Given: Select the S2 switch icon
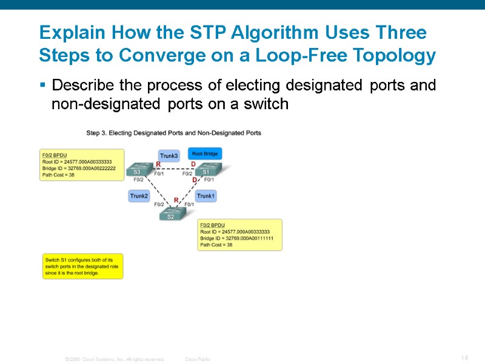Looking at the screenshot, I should [171, 214].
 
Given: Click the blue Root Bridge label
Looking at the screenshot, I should [205, 154].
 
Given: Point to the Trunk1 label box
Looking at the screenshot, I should [206, 196].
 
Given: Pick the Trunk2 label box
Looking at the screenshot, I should [139, 196].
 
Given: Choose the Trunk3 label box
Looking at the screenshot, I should [169, 156].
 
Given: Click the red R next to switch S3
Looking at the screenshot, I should [158, 164].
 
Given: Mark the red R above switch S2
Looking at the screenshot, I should [176, 200].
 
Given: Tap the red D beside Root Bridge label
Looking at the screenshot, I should [193, 164].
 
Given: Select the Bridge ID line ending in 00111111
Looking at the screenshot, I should [236, 238].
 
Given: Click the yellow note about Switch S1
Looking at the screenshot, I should [82, 266].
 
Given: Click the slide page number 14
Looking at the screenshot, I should [464, 358].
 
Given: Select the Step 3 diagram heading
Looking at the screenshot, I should [173, 133].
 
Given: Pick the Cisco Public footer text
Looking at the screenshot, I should [197, 359].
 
